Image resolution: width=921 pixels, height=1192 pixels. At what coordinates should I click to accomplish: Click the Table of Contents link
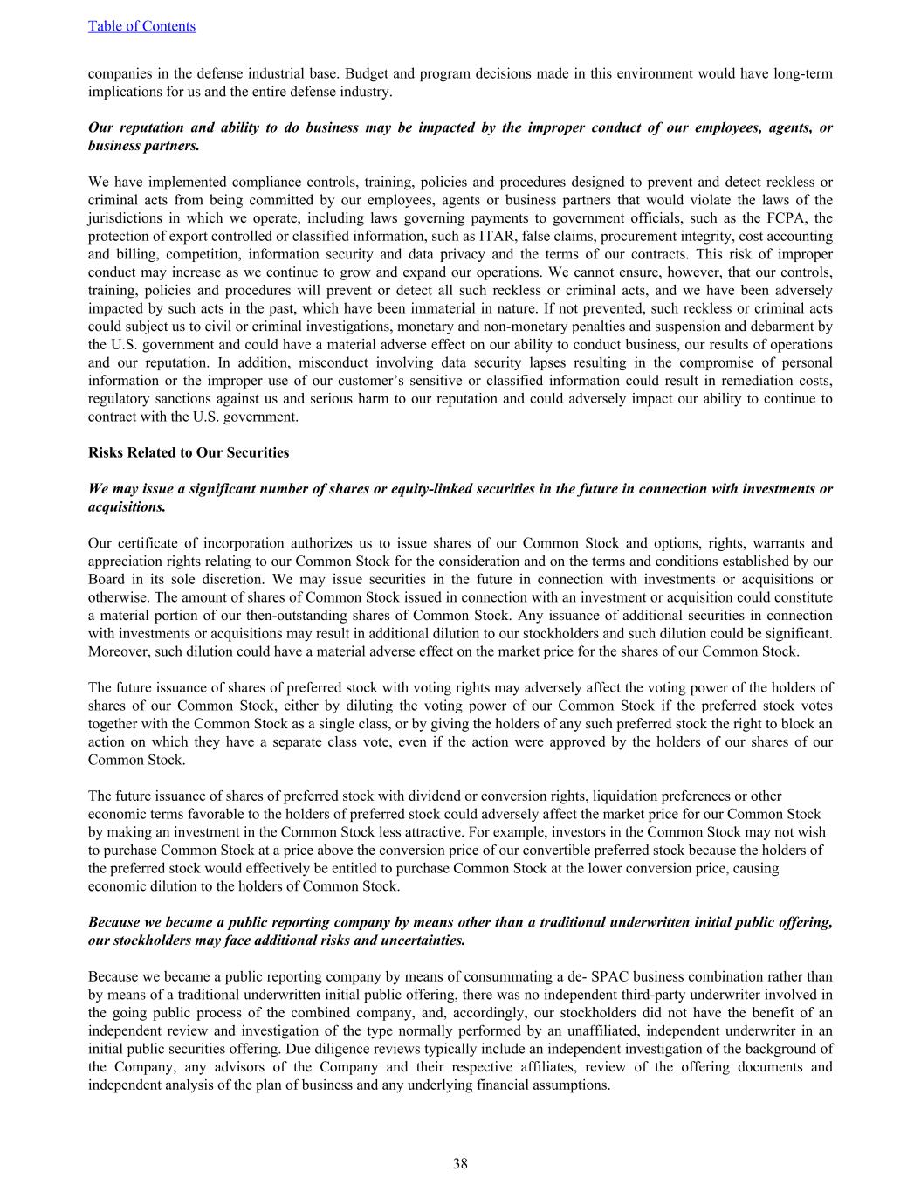[141, 26]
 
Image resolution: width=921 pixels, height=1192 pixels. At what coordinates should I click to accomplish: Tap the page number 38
[460, 1163]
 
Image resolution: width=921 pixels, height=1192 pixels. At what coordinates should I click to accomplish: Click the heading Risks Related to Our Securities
[189, 452]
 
